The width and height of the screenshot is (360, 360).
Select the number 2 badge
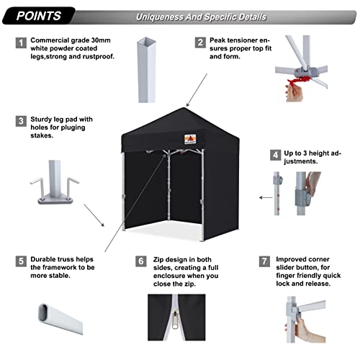pyautogui.click(x=200, y=43)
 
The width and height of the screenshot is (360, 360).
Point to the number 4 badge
pyautogui.click(x=274, y=154)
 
